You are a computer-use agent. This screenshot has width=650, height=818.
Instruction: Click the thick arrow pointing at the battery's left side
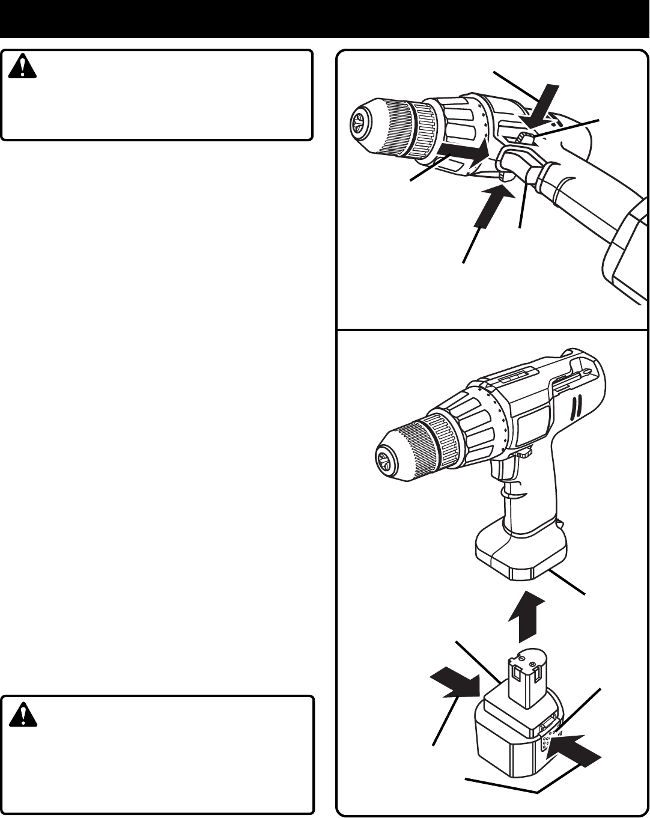455,685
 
